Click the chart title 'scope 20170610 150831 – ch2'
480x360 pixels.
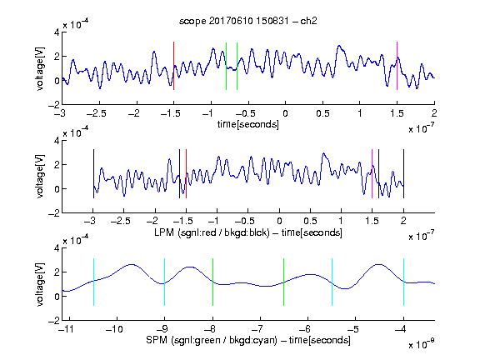pos(247,21)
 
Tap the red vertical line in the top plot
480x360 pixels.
pos(173,66)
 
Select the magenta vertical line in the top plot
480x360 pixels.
pos(397,66)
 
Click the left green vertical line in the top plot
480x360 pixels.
pos(226,66)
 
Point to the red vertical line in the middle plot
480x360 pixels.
pos(186,173)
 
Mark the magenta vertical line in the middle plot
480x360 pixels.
pos(372,173)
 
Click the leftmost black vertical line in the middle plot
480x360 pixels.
pos(93,173)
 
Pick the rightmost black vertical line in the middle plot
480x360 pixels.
pos(403,173)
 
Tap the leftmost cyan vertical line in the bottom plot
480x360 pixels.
pos(93,282)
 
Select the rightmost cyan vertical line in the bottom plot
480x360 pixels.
pos(403,282)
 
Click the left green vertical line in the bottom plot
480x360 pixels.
pos(212,282)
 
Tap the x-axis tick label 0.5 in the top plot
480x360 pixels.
pos(322,113)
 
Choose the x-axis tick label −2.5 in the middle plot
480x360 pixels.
pos(120,221)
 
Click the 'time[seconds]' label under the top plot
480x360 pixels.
pos(248,124)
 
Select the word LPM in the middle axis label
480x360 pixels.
pos(164,232)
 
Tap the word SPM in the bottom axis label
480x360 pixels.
pos(157,340)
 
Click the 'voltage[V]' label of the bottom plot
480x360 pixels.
pos(40,284)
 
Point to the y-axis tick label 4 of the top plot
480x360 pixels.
pos(57,32)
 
